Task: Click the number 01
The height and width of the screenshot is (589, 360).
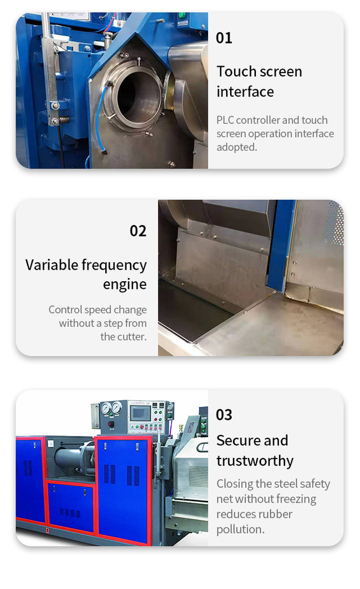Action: [224, 38]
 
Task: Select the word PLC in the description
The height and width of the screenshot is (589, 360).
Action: [225, 120]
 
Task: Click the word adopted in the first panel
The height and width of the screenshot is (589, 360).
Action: [236, 147]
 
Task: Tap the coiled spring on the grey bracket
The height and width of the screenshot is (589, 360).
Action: [64, 120]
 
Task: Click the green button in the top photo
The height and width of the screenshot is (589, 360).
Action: [182, 16]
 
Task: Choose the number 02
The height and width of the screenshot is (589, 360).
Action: [138, 231]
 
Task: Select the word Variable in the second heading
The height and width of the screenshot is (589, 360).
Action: [52, 265]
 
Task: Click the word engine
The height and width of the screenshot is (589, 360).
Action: [125, 285]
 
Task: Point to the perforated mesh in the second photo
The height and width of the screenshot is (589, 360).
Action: [335, 223]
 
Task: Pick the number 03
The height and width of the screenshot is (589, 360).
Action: [224, 415]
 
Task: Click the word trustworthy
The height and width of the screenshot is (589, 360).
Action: [255, 461]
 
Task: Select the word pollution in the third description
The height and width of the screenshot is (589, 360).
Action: [240, 529]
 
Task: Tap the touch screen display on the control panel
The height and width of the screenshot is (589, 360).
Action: [140, 413]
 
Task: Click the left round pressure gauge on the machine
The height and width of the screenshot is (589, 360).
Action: [106, 408]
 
